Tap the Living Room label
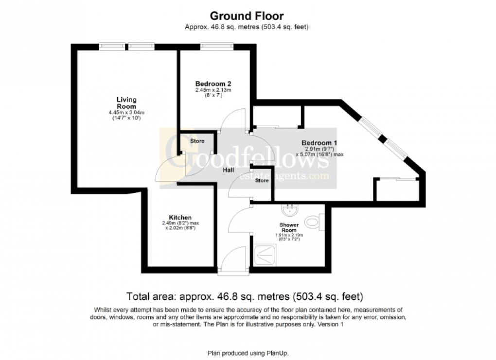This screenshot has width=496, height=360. coord(126,103)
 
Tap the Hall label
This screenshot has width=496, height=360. coord(229,170)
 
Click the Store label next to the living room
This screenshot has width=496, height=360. coord(197,141)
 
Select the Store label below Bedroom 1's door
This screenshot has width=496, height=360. coord(262,181)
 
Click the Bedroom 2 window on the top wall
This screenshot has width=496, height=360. coord(215,47)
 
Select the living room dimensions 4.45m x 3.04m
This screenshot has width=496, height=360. coord(126,113)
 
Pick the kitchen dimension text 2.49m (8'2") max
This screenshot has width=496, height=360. coord(180,223)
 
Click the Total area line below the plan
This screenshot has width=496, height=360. coord(246,296)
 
